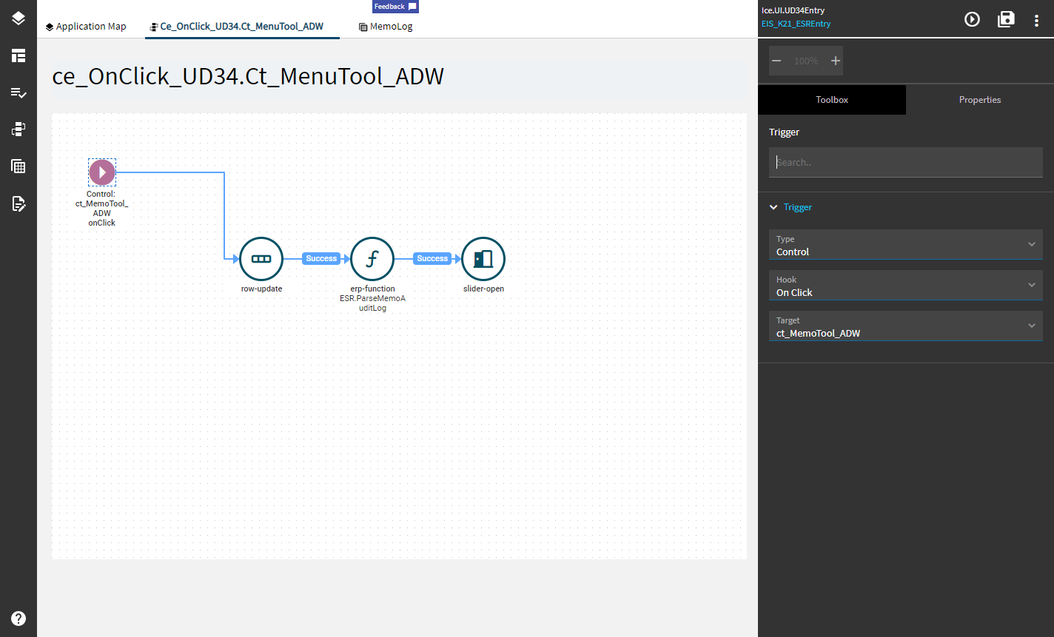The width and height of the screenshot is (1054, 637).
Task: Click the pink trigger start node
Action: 102,172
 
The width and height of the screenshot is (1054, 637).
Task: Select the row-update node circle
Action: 261,259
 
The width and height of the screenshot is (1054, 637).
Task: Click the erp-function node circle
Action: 372,259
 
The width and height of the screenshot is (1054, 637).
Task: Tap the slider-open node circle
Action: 483,259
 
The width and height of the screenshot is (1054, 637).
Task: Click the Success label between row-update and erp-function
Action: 321,258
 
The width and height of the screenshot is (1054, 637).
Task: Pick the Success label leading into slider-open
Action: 432,258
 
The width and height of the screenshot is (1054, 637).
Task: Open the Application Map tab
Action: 86,27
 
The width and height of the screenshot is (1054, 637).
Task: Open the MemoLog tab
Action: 386,27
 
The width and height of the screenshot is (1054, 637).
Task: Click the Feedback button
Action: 395,7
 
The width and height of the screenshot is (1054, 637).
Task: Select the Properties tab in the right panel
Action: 980,100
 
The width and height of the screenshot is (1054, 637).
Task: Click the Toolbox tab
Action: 832,100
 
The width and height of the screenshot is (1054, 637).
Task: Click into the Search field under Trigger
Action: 906,162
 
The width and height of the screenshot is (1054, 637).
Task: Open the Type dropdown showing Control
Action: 906,245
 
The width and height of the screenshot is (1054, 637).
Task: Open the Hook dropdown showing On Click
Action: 906,285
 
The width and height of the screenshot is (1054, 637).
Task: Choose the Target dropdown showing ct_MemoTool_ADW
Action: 906,326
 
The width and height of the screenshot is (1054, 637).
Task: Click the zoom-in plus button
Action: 835,61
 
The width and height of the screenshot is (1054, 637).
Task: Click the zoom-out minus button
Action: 776,61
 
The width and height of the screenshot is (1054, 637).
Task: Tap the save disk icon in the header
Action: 1006,19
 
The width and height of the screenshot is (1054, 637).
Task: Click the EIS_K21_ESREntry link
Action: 796,24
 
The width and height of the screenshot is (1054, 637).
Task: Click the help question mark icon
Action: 19,619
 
